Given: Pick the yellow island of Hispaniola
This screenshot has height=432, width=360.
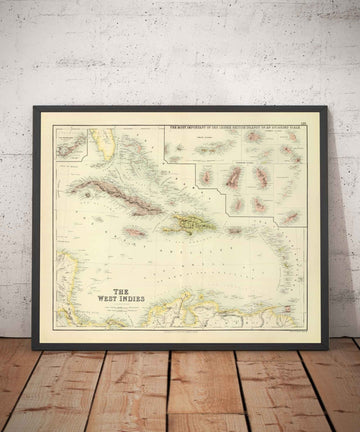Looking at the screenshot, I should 184,224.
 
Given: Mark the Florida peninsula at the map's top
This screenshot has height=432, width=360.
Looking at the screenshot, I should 98,140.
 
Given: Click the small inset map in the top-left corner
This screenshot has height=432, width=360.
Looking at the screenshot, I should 70,145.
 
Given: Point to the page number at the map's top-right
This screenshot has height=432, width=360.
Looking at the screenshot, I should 305,123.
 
